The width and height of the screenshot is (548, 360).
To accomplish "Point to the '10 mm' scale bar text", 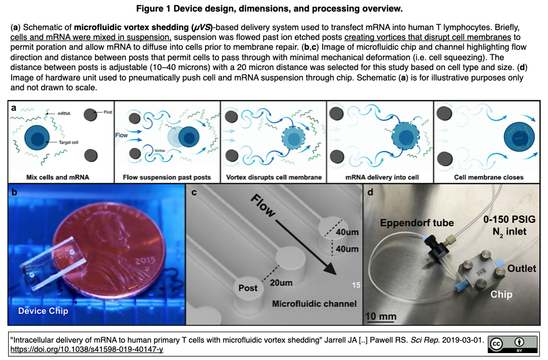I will [381, 316].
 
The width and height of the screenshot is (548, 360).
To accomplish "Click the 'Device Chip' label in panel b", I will [43, 311].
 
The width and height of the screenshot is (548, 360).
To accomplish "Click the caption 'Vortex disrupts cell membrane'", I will [274, 177].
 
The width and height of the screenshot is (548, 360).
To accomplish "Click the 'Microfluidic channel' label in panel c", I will [315, 303].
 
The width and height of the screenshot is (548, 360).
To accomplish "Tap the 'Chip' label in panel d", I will [501, 295].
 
